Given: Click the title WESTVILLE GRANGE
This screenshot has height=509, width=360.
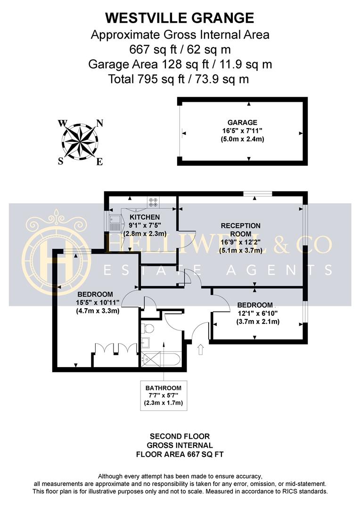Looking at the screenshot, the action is pyautogui.click(x=180, y=18).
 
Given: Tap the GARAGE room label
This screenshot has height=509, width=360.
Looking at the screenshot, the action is pyautogui.click(x=242, y=123).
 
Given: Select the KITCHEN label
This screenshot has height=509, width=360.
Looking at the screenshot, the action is pyautogui.click(x=145, y=217).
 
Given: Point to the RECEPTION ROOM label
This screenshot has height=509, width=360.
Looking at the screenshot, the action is pyautogui.click(x=240, y=230).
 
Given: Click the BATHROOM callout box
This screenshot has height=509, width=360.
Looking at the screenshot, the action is pyautogui.click(x=164, y=395).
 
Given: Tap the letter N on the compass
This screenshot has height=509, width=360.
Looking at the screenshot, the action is pyautogui.click(x=99, y=123).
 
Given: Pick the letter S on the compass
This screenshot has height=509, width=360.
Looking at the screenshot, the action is pyautogui.click(x=60, y=161).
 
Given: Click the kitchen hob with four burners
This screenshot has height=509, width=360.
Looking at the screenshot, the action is pyautogui.click(x=153, y=202).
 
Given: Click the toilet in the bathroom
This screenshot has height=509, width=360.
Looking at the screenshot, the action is pyautogui.click(x=147, y=328).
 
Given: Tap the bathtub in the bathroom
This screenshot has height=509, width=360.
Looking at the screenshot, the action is pyautogui.click(x=160, y=359).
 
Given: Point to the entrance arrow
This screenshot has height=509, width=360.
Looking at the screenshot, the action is pyautogui.click(x=200, y=349).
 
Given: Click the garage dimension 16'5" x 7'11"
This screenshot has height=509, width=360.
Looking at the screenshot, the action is pyautogui.click(x=242, y=131).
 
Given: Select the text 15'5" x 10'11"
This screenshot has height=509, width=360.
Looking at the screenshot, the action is pyautogui.click(x=98, y=303).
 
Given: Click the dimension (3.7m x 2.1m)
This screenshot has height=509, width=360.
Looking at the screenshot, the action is pyautogui.click(x=258, y=322).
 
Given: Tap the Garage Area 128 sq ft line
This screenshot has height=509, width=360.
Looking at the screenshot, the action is pyautogui.click(x=180, y=64).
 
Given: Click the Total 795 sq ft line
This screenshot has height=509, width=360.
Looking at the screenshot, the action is pyautogui.click(x=179, y=79).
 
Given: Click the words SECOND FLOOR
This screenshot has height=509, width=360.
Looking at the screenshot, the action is pyautogui.click(x=180, y=436).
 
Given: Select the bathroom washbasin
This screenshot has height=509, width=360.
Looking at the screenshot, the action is pyautogui.click(x=146, y=343).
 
